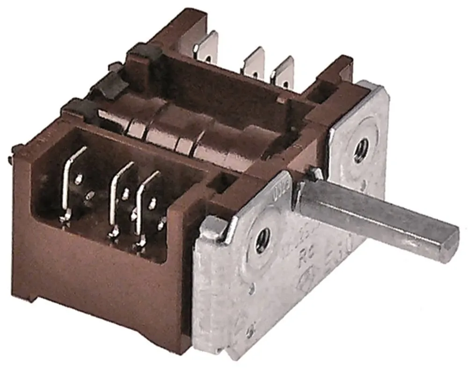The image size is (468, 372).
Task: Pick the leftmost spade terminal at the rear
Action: click(207, 47)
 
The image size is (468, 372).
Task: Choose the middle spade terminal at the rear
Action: click(254, 63)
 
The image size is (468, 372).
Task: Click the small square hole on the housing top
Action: click(219, 182)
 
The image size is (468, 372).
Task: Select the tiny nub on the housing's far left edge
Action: click(10, 159)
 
